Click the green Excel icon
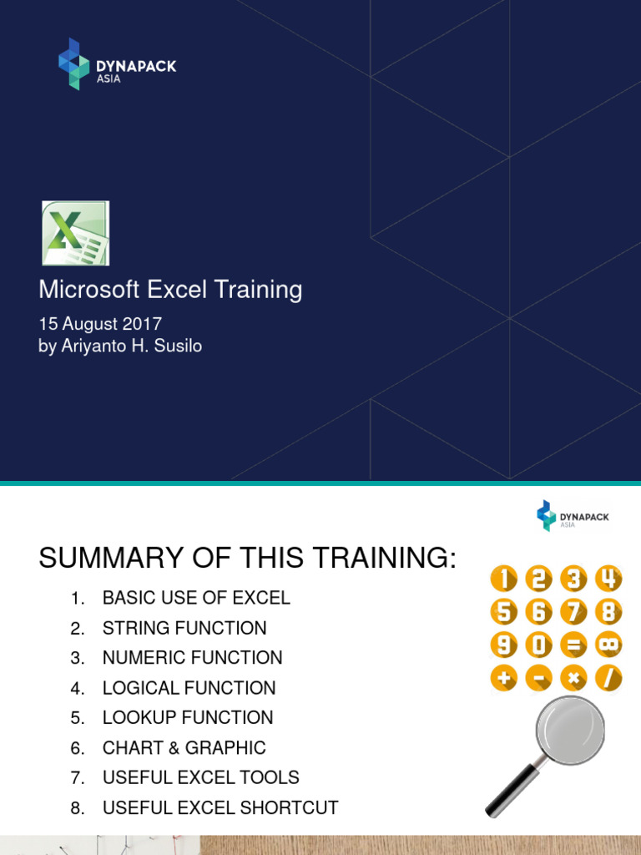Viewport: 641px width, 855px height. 75,233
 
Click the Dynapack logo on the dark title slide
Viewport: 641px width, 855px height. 117,64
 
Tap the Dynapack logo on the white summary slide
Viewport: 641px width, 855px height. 573,516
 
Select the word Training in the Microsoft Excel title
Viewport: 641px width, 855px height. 259,290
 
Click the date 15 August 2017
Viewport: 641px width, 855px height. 100,323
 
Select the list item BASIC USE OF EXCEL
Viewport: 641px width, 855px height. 196,598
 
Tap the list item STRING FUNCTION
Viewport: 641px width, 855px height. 184,628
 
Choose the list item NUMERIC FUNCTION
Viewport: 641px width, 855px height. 192,658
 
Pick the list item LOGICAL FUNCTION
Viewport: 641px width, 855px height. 189,688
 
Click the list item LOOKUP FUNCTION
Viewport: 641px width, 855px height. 188,717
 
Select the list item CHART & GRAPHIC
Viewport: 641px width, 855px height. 184,747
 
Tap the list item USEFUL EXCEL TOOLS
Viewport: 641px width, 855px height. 200,777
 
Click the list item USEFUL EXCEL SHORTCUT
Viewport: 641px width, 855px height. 220,807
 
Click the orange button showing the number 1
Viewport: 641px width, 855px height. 503,579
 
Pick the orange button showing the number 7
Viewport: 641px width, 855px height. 573,612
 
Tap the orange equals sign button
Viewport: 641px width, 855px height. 573,645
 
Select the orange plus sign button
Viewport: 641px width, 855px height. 503,678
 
